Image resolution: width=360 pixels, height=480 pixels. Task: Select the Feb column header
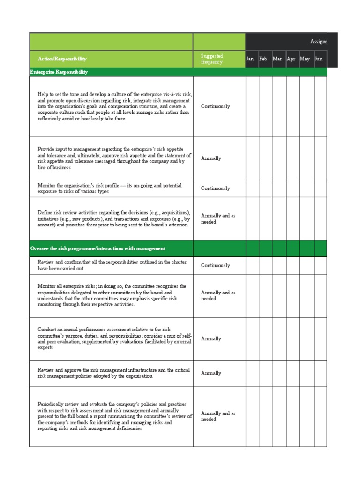[x=263, y=59]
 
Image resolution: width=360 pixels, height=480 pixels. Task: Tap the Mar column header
[x=277, y=59]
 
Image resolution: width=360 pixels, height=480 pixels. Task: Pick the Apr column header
[x=291, y=59]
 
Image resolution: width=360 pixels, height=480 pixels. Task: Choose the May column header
[x=305, y=59]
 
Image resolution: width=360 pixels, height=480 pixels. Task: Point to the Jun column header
[x=319, y=59]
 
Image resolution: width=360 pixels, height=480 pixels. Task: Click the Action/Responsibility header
[x=62, y=59]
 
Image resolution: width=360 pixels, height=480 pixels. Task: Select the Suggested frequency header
[x=212, y=59]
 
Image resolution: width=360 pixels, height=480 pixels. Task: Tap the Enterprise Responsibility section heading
[x=59, y=72]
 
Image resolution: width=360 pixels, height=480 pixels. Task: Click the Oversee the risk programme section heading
[x=97, y=248]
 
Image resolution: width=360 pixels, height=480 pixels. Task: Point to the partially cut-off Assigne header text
[x=319, y=42]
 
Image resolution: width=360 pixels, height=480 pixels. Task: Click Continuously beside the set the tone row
[x=215, y=106]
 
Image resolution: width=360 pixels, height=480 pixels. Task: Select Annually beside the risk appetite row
[x=211, y=158]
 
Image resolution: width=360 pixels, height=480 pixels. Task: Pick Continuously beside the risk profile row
[x=215, y=188]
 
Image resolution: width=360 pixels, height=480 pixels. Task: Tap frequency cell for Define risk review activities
[x=218, y=219]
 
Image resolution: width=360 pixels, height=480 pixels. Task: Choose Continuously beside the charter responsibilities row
[x=215, y=265]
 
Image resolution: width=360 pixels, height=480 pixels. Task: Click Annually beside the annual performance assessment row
[x=211, y=338]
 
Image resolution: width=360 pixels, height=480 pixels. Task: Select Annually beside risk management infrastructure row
[x=211, y=373]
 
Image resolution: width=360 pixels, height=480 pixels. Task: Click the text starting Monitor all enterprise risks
[x=112, y=295]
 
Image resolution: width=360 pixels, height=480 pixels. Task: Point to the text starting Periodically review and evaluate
[x=115, y=416]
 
